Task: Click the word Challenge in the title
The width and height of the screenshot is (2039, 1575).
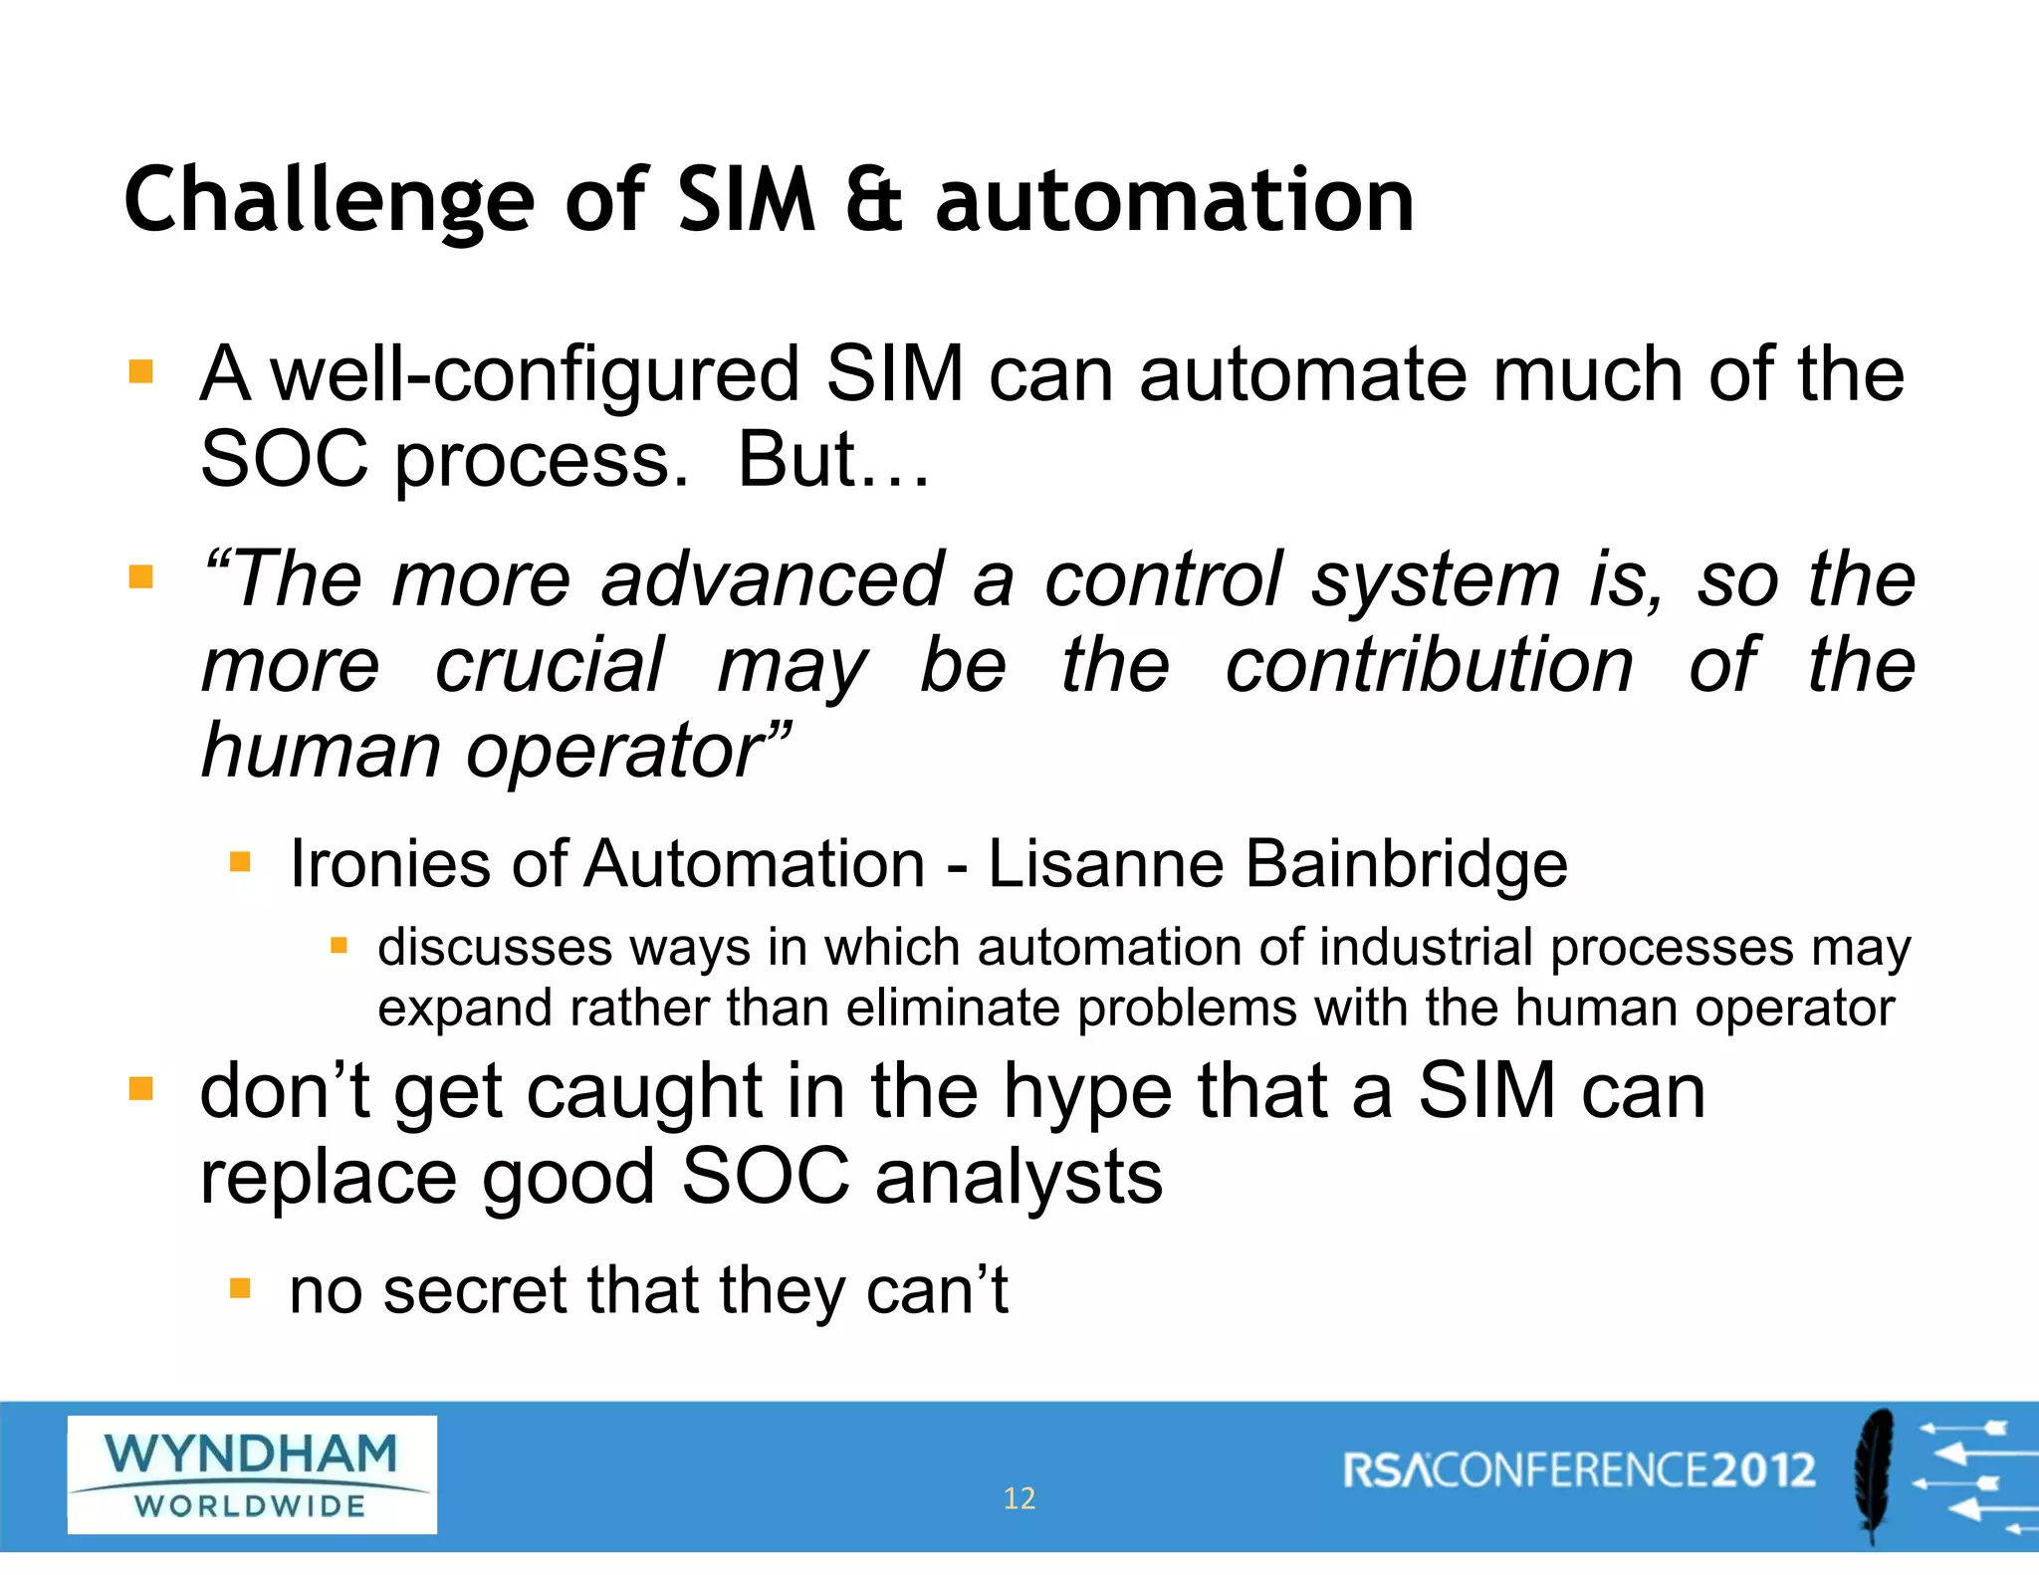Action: (x=330, y=201)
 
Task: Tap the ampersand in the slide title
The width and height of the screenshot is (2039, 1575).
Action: (x=874, y=201)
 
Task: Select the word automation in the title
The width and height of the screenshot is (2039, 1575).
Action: (x=1174, y=201)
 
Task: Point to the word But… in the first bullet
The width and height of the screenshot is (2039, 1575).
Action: (x=832, y=460)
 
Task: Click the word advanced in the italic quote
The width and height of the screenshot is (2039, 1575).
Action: (x=772, y=579)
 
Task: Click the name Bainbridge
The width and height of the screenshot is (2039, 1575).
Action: (x=1406, y=863)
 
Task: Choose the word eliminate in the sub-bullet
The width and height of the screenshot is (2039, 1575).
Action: (x=953, y=1009)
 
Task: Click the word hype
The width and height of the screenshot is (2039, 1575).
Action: (x=1088, y=1092)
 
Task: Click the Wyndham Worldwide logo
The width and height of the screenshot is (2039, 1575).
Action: (x=252, y=1474)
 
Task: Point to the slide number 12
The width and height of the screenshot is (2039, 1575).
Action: (x=1019, y=1498)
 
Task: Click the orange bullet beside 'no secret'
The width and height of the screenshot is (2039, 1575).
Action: (x=240, y=1289)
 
